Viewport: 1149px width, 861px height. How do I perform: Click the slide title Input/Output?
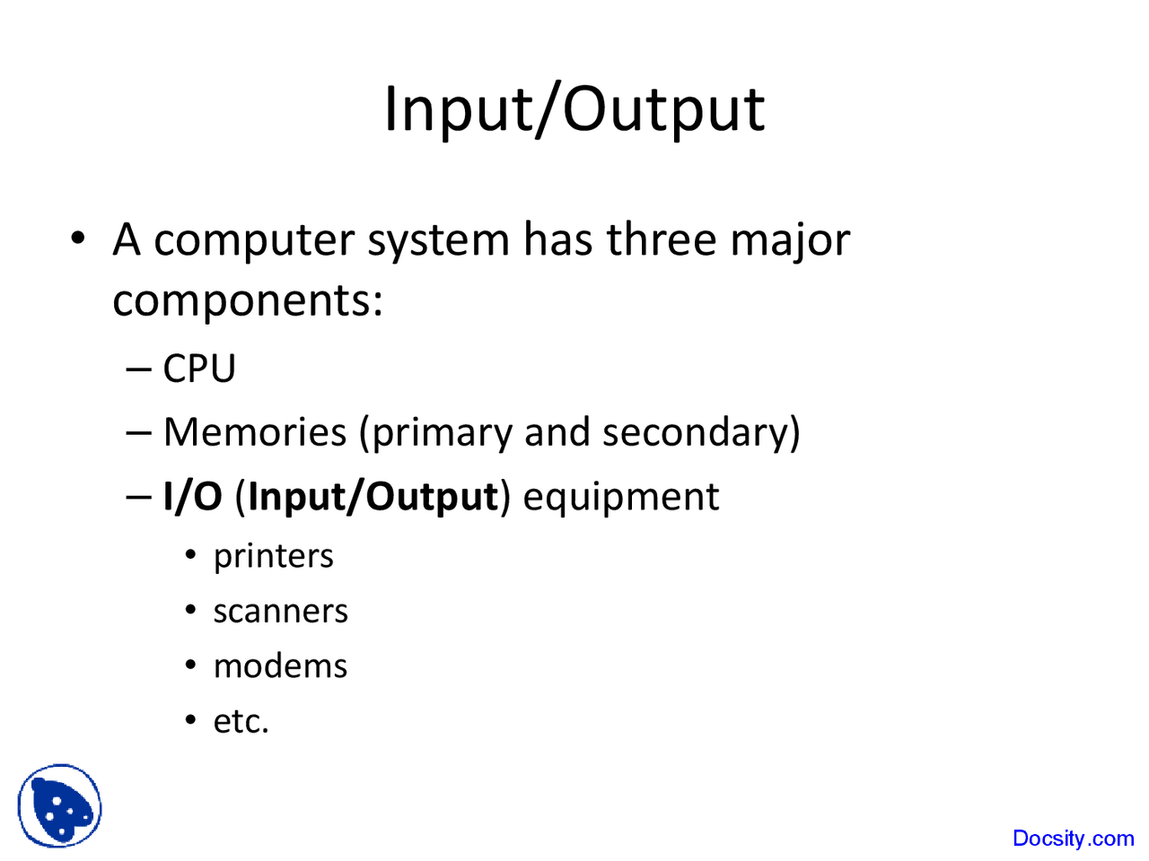click(574, 109)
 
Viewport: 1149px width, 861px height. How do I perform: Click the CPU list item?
click(199, 369)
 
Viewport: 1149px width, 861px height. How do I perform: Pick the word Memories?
click(255, 432)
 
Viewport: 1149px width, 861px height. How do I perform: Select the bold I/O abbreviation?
click(192, 497)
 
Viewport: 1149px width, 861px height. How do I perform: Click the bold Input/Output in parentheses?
click(373, 497)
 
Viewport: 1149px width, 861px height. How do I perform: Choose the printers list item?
click(273, 557)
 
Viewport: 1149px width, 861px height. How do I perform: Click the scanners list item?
click(280, 612)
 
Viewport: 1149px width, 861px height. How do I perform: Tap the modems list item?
click(280, 666)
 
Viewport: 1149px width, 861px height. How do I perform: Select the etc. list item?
click(241, 721)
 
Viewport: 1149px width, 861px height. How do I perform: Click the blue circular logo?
click(59, 806)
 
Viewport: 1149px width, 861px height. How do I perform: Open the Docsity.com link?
click(1073, 839)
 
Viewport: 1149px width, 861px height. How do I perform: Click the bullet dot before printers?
click(190, 556)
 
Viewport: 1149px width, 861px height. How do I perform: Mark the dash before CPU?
click(139, 369)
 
